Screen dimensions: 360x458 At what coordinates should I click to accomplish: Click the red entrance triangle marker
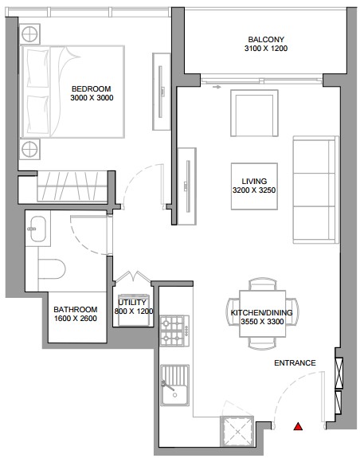coord(298,427)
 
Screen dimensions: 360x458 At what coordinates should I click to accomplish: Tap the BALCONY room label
coord(266,40)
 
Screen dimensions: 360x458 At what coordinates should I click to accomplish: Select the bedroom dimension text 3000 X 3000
coord(92,98)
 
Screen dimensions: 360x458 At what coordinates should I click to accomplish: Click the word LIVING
coord(254,182)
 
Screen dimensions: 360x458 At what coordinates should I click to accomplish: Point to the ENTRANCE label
coord(295,363)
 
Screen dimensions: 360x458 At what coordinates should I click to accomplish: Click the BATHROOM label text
coord(76,309)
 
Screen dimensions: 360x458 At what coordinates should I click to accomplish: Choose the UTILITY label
coord(132,303)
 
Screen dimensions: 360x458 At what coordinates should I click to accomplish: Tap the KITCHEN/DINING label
coord(261,312)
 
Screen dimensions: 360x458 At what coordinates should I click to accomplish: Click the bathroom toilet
coord(52,268)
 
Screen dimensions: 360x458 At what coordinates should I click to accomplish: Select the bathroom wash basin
coord(38,229)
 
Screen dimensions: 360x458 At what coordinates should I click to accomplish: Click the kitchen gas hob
coord(174,331)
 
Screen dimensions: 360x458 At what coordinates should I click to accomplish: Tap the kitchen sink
coord(174,386)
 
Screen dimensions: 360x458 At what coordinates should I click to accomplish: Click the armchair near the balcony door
coord(254,113)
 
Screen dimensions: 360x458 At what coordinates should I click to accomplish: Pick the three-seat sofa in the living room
coord(316,190)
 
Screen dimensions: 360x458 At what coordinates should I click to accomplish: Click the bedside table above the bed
coord(29,34)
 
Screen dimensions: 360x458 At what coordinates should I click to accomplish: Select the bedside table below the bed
coord(29,149)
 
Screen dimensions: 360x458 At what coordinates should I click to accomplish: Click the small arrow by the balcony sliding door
coord(217,87)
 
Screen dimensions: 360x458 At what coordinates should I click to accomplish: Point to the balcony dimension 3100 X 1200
coord(266,49)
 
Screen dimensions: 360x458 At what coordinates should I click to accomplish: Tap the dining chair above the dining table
coord(263,284)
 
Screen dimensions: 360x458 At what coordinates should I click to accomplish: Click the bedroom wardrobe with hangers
coord(72,186)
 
